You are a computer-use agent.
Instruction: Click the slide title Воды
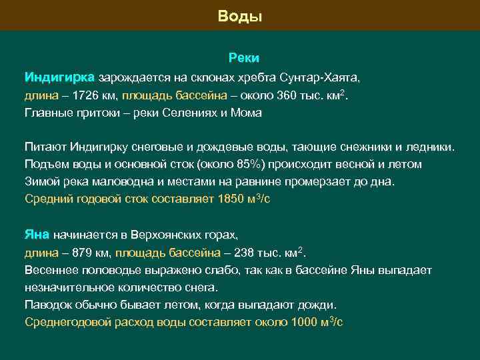coord(240,16)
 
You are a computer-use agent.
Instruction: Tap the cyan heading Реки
coord(240,59)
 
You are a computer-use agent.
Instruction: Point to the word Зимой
coord(41,181)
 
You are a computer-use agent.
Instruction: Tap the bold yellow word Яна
coord(37,235)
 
